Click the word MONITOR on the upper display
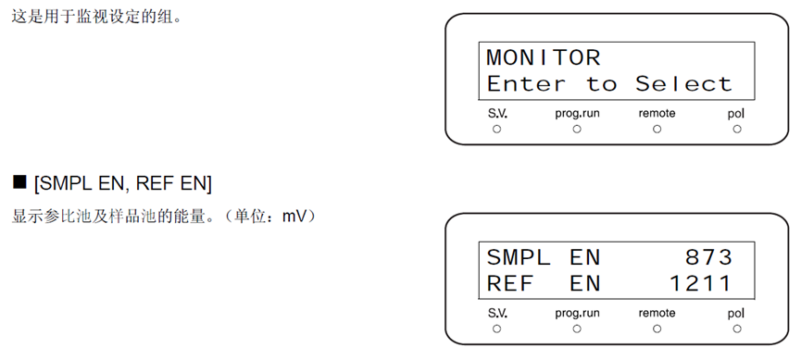click(x=543, y=57)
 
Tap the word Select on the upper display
click(x=683, y=83)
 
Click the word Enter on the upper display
click(x=526, y=83)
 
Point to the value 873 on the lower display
click(x=709, y=257)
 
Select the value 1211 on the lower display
click(x=700, y=283)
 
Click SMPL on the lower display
click(x=519, y=257)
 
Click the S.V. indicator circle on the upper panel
click(x=496, y=130)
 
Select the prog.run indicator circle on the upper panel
click(x=577, y=130)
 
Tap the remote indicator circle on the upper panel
click(x=657, y=130)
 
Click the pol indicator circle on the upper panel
click(x=736, y=130)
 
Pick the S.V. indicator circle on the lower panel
click(x=496, y=329)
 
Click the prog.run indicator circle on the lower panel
click(x=577, y=329)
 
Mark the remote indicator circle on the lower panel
click(x=657, y=329)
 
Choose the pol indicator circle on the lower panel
click(x=736, y=329)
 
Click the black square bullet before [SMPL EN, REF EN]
click(x=19, y=181)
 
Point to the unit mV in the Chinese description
click(x=294, y=217)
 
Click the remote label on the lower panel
click(x=657, y=313)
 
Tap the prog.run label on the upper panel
click(x=577, y=114)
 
